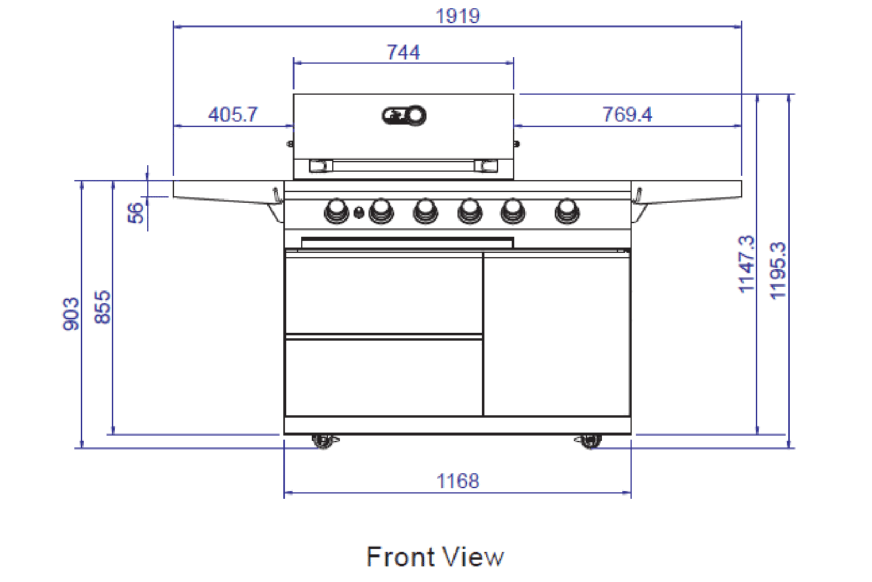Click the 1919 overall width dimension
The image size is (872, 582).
[457, 17]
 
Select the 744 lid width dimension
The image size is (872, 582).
[403, 52]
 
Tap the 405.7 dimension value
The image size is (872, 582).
[233, 115]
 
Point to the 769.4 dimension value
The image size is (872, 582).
[627, 115]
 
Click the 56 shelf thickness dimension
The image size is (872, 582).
[136, 213]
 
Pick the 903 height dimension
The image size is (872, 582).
[71, 314]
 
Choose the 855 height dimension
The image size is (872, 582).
[102, 307]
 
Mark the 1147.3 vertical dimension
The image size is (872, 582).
[746, 264]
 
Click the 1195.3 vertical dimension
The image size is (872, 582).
[778, 270]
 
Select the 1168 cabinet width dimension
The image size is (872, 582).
[457, 481]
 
